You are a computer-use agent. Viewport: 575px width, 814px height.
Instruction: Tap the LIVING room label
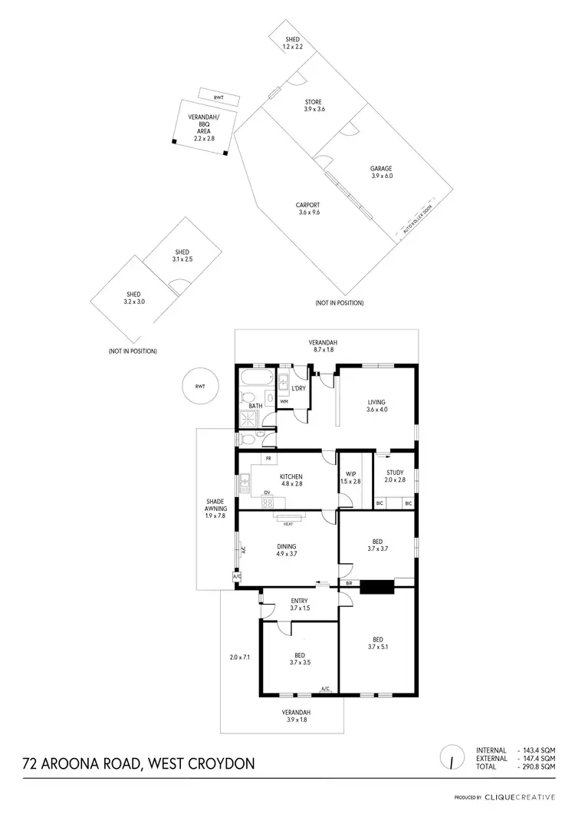pos(376,401)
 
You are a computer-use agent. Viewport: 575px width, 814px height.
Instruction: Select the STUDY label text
pos(394,473)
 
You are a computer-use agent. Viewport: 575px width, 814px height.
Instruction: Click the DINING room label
pos(287,546)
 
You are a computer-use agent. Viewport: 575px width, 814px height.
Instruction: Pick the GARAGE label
pos(381,169)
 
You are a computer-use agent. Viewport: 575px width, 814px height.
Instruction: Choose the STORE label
pos(313,102)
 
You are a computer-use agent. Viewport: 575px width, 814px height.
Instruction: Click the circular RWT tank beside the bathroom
pos(200,387)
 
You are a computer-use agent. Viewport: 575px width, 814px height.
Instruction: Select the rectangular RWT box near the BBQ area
pos(219,97)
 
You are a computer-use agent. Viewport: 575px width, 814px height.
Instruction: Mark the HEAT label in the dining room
pos(288,524)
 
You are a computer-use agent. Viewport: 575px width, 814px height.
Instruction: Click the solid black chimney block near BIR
pos(376,587)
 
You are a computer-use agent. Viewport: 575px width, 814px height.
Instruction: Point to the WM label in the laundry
pos(284,401)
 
